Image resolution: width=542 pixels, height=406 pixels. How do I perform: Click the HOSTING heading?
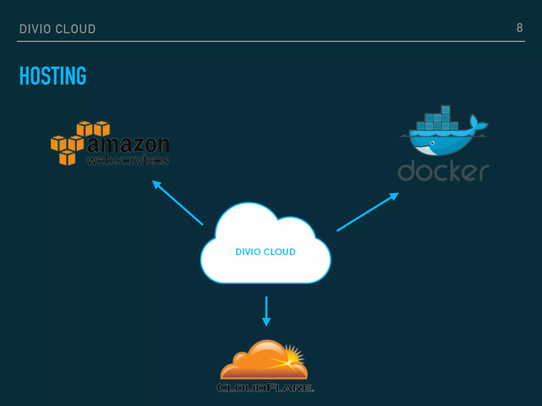tap(53, 76)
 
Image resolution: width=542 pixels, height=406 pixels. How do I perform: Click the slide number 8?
tap(520, 28)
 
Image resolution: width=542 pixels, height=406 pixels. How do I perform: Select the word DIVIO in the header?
tap(35, 29)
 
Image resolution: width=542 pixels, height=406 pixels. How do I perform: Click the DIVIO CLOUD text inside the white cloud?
tap(265, 252)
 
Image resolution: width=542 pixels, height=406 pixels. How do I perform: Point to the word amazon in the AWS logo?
tap(128, 145)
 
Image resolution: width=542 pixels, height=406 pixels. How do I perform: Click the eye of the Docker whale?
tap(432, 143)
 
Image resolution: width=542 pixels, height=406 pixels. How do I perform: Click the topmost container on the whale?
tap(446, 109)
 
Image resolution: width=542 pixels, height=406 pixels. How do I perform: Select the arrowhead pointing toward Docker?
tap(394, 196)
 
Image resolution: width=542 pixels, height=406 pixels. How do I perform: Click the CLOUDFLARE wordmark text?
tap(265, 388)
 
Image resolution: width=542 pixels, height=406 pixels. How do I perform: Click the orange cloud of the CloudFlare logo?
tap(259, 362)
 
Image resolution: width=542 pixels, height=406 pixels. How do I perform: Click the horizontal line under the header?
tap(271, 41)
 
